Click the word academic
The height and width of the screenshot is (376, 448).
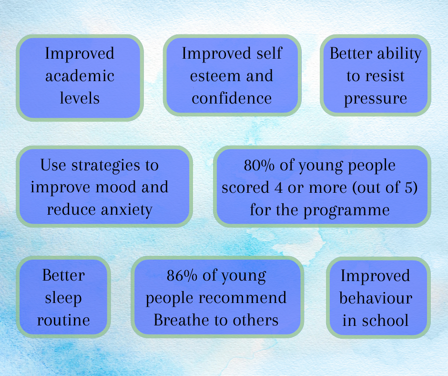[x=80, y=76]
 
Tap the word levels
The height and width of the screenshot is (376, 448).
[x=80, y=98]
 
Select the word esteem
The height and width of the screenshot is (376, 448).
[x=211, y=76]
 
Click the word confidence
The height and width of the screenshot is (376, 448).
[x=232, y=98]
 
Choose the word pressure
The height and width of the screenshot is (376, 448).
[x=376, y=99]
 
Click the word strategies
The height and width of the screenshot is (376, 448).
[x=106, y=166]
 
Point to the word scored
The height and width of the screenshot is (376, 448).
[x=245, y=188]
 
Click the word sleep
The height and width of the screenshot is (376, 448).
[x=63, y=298]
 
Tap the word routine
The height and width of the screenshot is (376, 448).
[x=63, y=320]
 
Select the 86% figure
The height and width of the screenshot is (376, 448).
[x=182, y=275]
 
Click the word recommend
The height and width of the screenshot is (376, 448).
[x=243, y=298]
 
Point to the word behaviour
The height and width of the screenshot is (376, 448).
[x=376, y=298]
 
